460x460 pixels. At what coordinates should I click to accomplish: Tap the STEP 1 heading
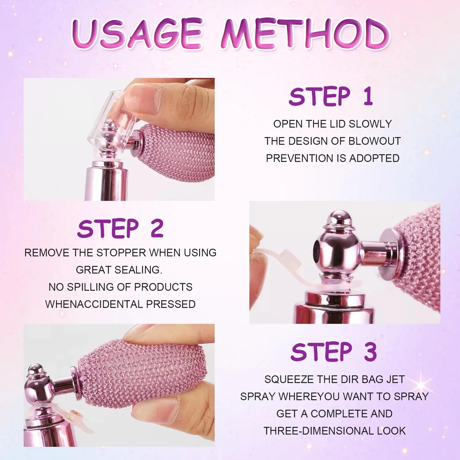click(x=331, y=97)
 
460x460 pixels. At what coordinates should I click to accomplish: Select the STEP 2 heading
click(x=121, y=228)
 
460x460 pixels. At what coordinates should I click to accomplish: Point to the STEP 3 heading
click(x=334, y=352)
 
